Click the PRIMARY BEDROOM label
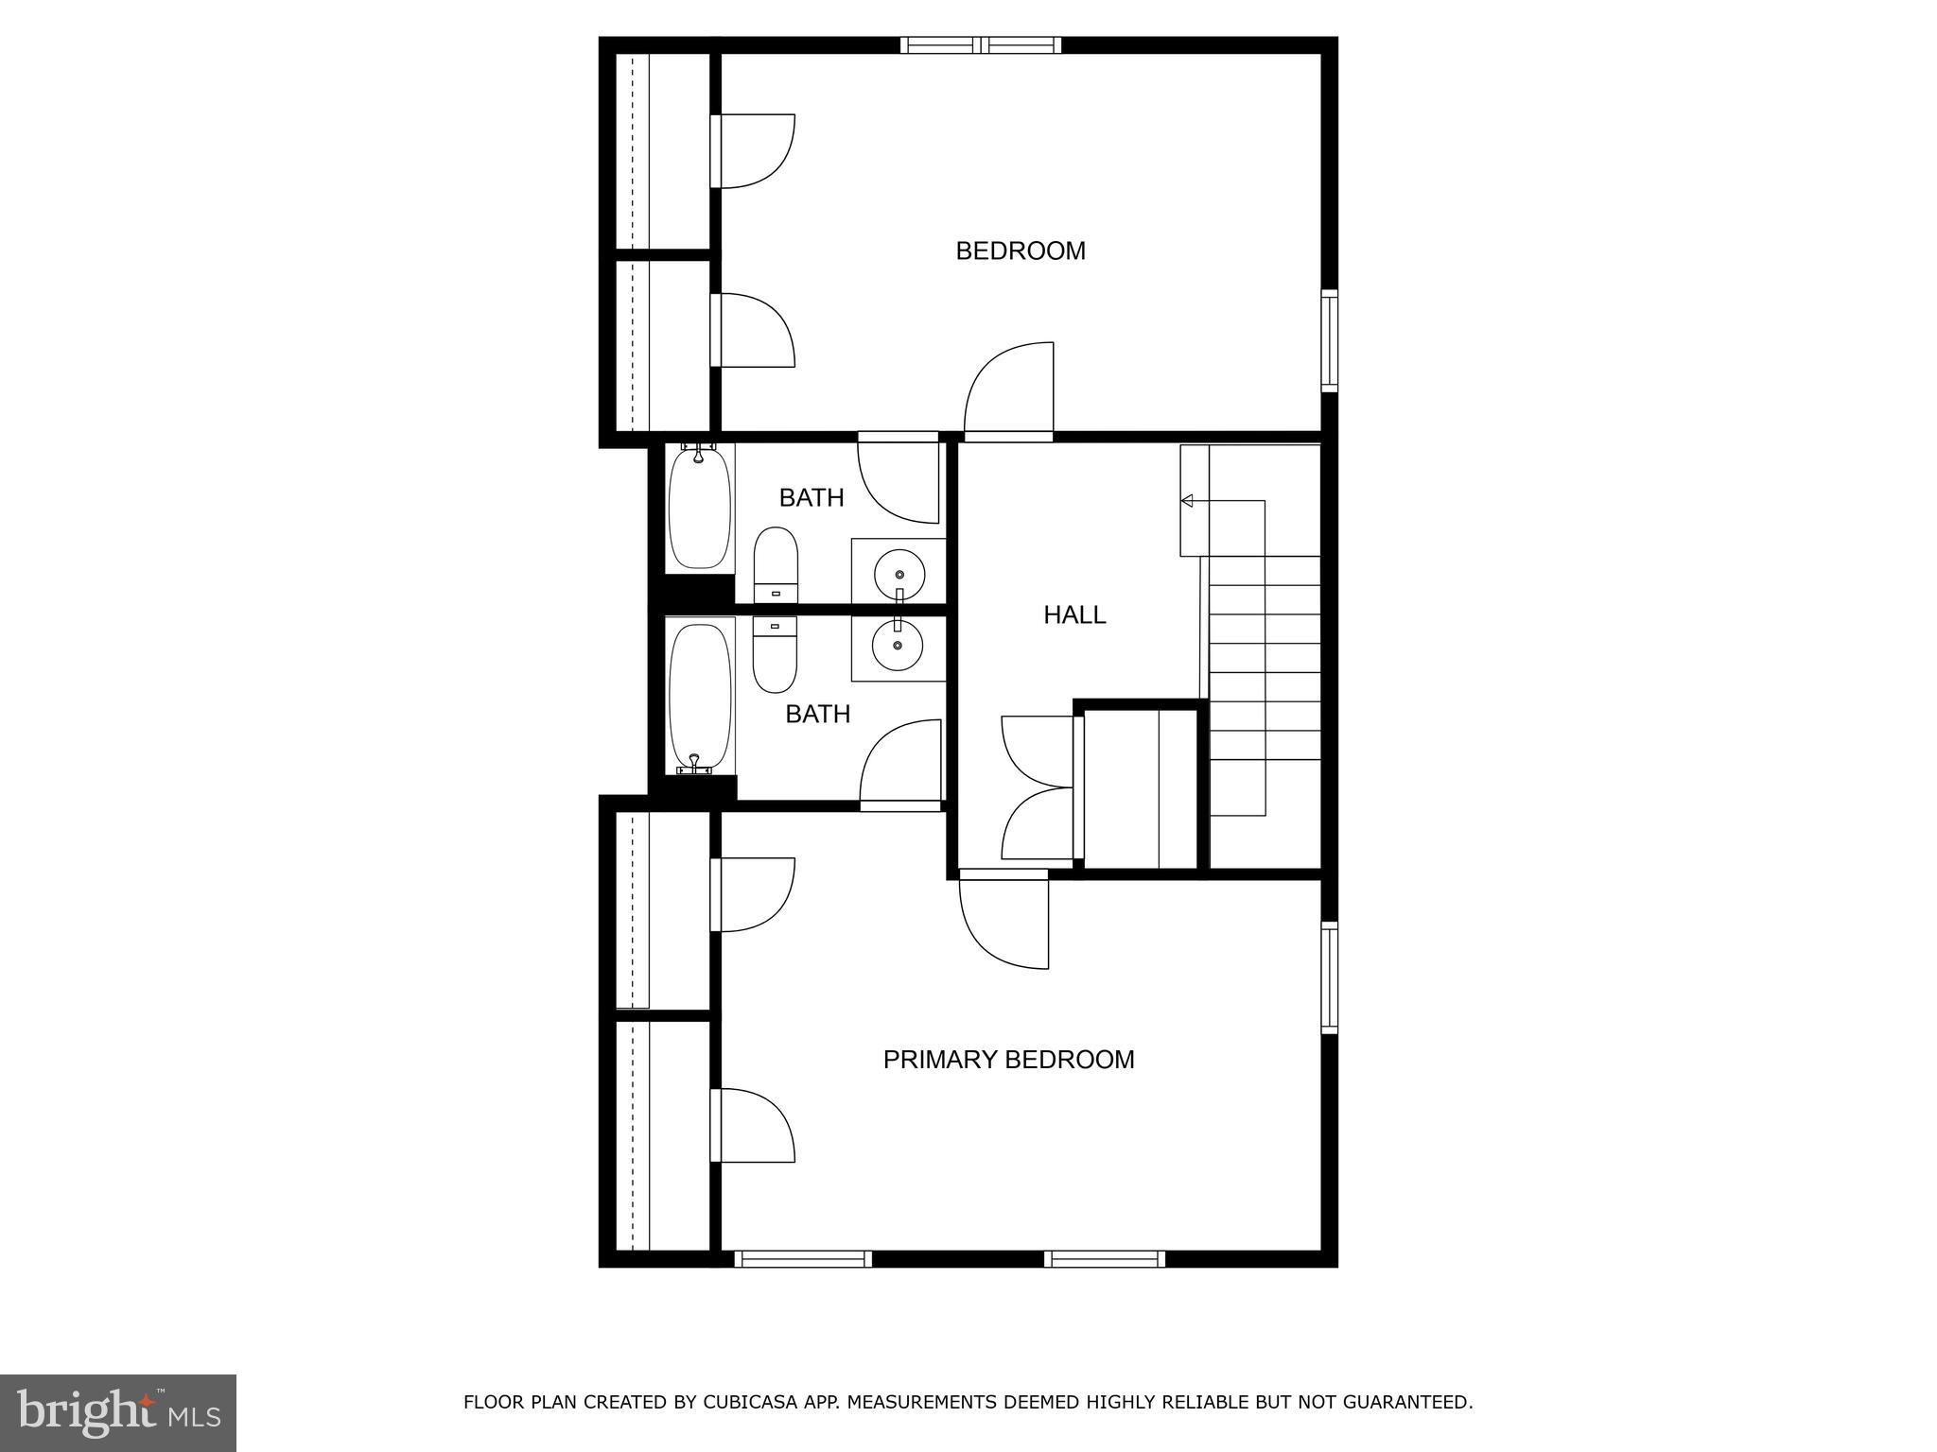pyautogui.click(x=1008, y=1060)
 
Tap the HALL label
pyautogui.click(x=1074, y=615)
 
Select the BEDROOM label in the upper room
pyautogui.click(x=1021, y=251)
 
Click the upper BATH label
pyautogui.click(x=811, y=497)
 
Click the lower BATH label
pyautogui.click(x=817, y=714)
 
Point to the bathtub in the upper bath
pyautogui.click(x=700, y=509)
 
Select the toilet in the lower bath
pyautogui.click(x=775, y=654)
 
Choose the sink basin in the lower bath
pyautogui.click(x=898, y=647)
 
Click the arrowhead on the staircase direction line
pyautogui.click(x=1187, y=500)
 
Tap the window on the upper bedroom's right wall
pyautogui.click(x=1329, y=340)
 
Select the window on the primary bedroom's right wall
pyautogui.click(x=1329, y=977)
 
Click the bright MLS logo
pyautogui.click(x=118, y=1412)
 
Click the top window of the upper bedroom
pyautogui.click(x=980, y=44)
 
